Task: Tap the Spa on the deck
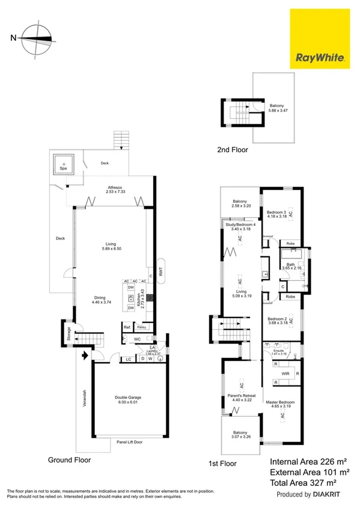click(63, 163)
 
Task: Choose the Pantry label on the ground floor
click(142, 327)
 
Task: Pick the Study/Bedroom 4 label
click(240, 227)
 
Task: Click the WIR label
click(285, 373)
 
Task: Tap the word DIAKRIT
click(330, 494)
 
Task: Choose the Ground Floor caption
click(69, 460)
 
